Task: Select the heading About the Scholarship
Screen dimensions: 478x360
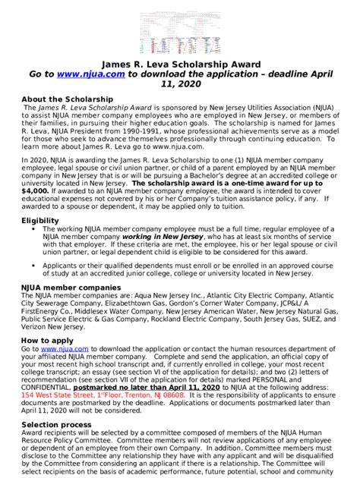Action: [68, 99]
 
